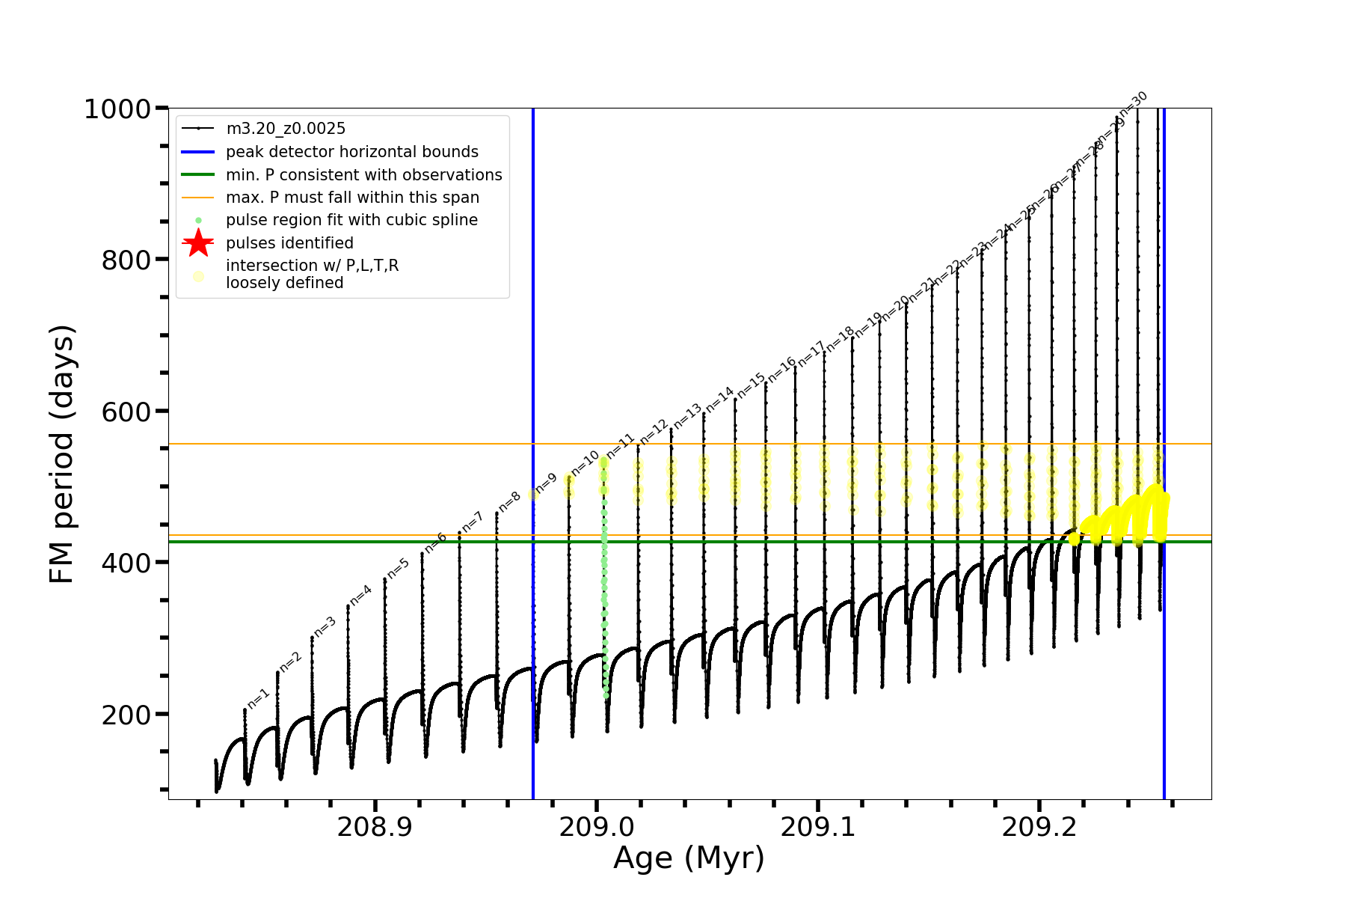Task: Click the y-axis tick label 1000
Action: [x=117, y=110]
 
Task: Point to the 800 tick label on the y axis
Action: [x=126, y=260]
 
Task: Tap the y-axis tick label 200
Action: [x=126, y=715]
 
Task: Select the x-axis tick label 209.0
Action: [x=597, y=828]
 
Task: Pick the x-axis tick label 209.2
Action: [x=1039, y=828]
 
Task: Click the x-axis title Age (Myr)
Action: [x=689, y=858]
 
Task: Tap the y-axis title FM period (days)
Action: [x=62, y=454]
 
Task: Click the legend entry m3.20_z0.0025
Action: [x=286, y=129]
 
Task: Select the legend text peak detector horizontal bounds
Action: [x=351, y=152]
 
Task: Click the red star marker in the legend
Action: [x=198, y=242]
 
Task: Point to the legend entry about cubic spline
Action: [x=351, y=220]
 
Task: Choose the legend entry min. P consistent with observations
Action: [x=363, y=175]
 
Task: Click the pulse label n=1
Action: [x=258, y=697]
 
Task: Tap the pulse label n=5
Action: [x=398, y=569]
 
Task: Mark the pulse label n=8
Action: [x=509, y=501]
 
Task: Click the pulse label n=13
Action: [x=687, y=416]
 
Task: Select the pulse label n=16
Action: [x=782, y=368]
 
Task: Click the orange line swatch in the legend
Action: [x=198, y=198]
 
